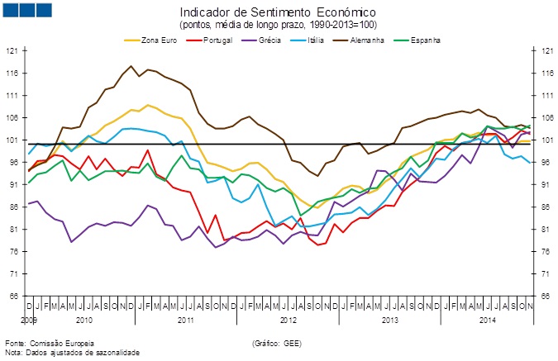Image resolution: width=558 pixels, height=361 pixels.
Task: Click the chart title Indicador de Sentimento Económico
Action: coord(278,12)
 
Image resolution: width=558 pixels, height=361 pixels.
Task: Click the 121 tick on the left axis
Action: coord(12,51)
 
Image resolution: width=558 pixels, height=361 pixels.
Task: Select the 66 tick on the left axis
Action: coord(12,295)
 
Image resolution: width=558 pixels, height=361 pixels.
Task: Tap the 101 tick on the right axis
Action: coord(546,140)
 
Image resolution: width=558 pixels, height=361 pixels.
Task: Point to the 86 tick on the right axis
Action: coord(546,207)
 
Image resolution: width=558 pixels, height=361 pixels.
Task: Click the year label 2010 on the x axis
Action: coord(83,318)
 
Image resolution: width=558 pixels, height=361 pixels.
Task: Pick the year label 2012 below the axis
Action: coord(288,318)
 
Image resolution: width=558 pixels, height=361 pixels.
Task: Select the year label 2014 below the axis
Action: coord(487,318)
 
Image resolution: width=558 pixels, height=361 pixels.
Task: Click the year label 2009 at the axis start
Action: coord(29,318)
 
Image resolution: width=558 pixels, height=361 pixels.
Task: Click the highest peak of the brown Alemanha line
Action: coord(131,66)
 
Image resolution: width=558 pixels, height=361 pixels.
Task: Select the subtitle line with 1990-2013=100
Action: coord(278,25)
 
